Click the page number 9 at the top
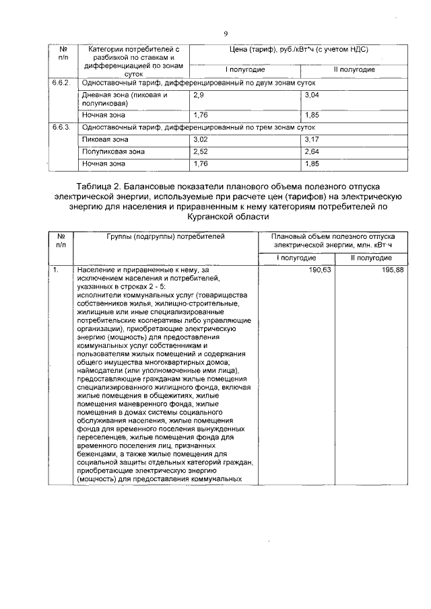[x=226, y=33]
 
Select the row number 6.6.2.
[x=62, y=83]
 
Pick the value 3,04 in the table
[x=312, y=96]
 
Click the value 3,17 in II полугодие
[x=312, y=139]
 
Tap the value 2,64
[x=312, y=151]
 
